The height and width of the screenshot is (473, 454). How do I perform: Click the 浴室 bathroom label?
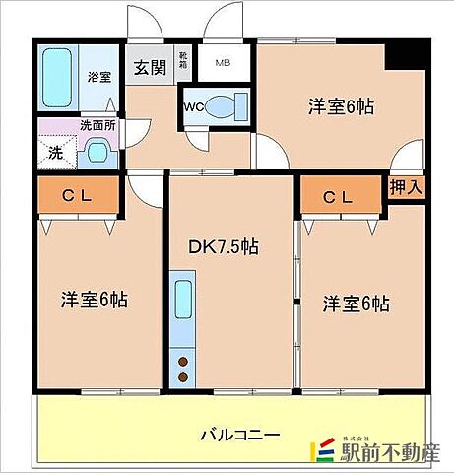(99, 76)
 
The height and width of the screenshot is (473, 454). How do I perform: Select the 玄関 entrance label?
(151, 68)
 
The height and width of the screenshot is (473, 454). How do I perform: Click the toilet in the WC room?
(227, 106)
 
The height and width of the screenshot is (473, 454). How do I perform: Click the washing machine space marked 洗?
(56, 154)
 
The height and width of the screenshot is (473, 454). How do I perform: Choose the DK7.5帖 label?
(224, 246)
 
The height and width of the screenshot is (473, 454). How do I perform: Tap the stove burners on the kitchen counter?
(183, 372)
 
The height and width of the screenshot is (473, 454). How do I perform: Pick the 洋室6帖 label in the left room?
(96, 300)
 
